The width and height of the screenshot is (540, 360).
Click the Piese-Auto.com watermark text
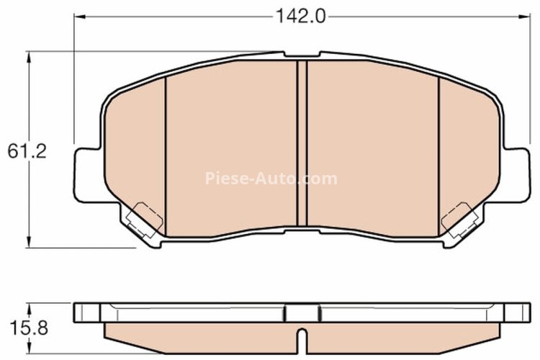[x=271, y=178]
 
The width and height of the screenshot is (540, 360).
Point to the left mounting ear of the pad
[x=86, y=173]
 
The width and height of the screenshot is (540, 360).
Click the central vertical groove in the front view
[x=302, y=144]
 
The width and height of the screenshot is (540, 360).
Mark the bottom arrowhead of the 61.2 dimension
[x=29, y=243]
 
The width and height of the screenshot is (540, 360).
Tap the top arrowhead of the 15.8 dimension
[x=29, y=306]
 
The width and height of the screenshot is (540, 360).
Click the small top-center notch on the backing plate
[x=302, y=55]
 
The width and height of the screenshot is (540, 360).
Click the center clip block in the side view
[x=302, y=314]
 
